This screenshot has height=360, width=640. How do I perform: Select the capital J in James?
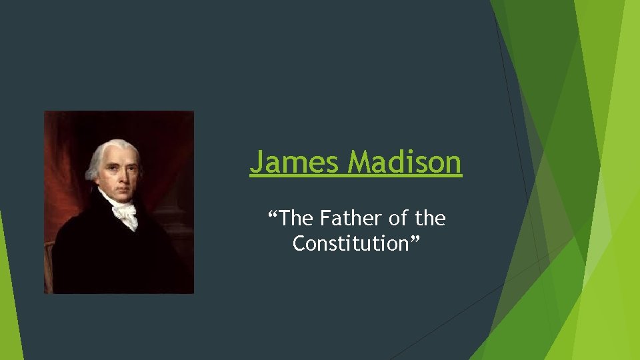click(x=257, y=162)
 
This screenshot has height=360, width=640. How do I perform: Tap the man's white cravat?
click(x=125, y=212)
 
